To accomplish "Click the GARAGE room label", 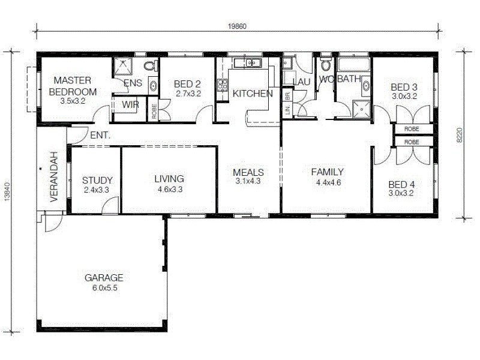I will (104, 278).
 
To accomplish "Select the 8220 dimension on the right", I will (460, 135).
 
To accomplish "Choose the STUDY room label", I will (97, 180).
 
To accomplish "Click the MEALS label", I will (248, 172).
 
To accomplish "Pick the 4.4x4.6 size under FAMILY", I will (327, 182).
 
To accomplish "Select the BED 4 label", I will (401, 184).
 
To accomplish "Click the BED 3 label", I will (404, 86).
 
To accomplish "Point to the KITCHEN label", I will (253, 94).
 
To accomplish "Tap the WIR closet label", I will (130, 104).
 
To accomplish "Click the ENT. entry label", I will (100, 136).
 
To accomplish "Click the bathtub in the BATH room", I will (353, 64).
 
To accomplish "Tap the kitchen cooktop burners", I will (222, 85).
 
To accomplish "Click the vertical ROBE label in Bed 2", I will (154, 111).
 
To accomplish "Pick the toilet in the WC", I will (326, 64).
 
